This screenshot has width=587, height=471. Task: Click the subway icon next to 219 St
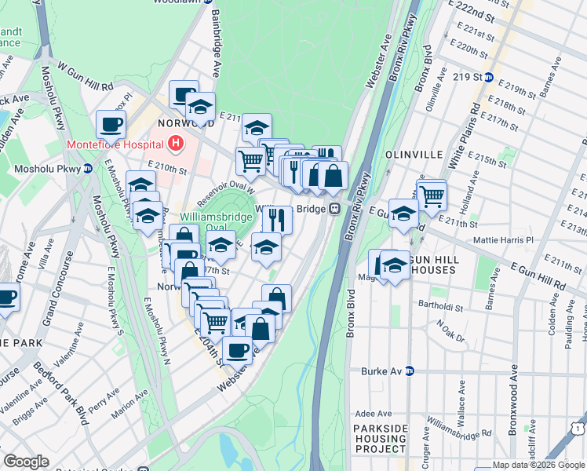(x=488, y=77)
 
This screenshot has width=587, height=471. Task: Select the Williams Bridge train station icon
(x=334, y=209)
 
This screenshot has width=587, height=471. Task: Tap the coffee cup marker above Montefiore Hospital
(x=111, y=123)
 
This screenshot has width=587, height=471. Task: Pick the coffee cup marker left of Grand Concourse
(x=7, y=298)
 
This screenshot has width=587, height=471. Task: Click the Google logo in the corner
(x=26, y=462)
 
